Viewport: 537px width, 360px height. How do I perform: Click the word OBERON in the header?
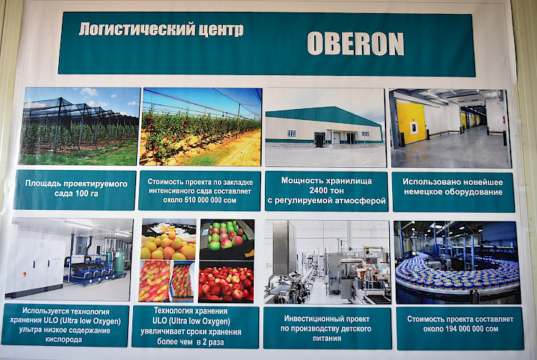pyautogui.click(x=355, y=44)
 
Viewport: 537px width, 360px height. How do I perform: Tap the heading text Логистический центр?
pyautogui.click(x=161, y=29)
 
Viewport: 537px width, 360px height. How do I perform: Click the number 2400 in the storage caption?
pyautogui.click(x=327, y=191)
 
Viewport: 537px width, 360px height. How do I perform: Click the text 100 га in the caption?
pyautogui.click(x=87, y=194)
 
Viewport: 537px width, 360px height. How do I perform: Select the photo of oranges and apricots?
pyautogui.click(x=168, y=240)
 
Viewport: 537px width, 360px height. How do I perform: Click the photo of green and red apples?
pyautogui.click(x=227, y=239)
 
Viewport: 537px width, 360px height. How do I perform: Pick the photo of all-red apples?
pyautogui.click(x=226, y=282)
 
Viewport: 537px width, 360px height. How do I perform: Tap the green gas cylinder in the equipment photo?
pyautogui.click(x=119, y=261)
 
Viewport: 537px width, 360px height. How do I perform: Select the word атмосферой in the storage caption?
pyautogui.click(x=364, y=200)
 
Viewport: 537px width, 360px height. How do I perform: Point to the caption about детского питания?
pyautogui.click(x=327, y=328)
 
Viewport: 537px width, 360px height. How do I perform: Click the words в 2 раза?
pyautogui.click(x=210, y=342)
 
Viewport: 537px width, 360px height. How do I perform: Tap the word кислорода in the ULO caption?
pyautogui.click(x=64, y=340)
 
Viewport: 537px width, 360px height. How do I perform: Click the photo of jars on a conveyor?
pyautogui.click(x=458, y=263)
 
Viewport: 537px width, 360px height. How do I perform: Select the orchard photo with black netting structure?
pyautogui.click(x=79, y=126)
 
